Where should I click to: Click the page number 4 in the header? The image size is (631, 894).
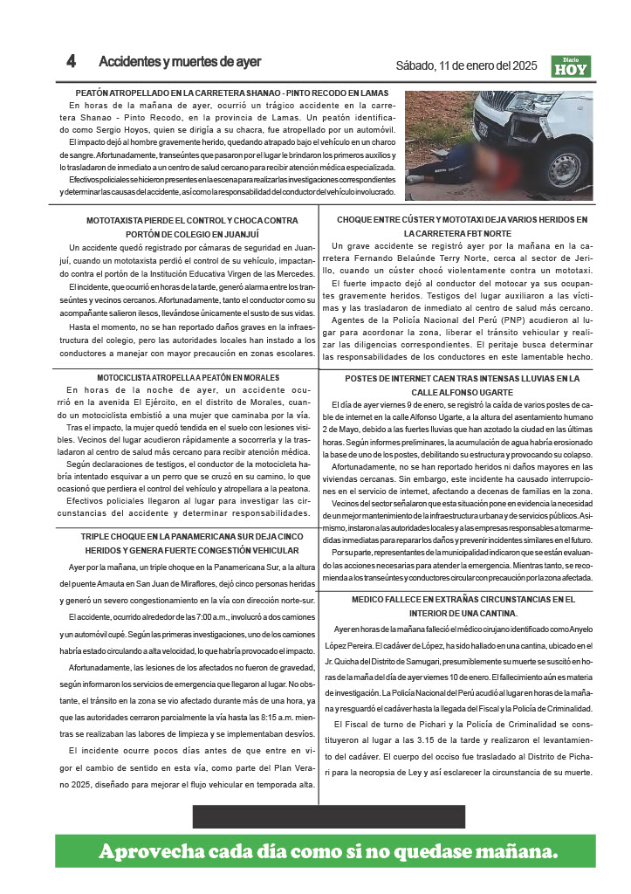pos(72,62)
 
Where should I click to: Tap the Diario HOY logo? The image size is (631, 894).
pos(571,65)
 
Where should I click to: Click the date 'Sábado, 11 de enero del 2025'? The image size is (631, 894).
pos(468,65)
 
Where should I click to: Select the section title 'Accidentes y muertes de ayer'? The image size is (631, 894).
pos(180,62)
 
